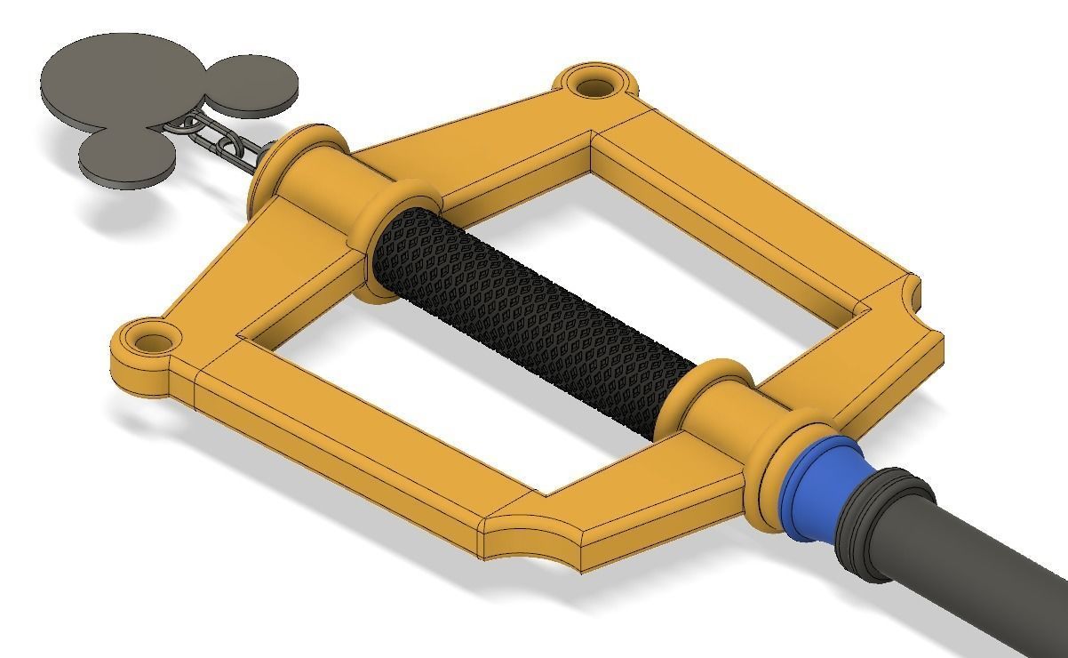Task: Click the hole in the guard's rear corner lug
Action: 596,86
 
